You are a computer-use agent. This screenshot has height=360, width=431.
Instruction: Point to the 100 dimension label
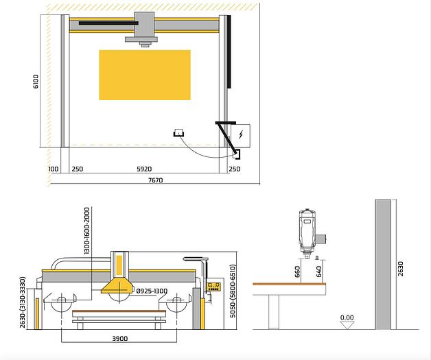point(54,169)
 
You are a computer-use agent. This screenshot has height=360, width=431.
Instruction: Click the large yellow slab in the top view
point(144,75)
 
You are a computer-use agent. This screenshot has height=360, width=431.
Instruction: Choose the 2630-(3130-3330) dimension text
point(23,302)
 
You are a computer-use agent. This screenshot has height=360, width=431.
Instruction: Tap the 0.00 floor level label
point(347,318)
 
